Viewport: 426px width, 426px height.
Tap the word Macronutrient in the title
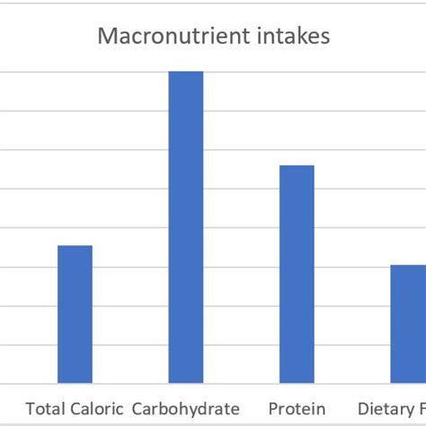(158, 37)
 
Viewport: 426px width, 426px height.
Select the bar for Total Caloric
(75, 315)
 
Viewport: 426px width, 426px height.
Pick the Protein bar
(297, 274)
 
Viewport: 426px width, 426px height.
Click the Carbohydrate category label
(186, 409)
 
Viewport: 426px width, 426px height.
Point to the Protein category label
(297, 409)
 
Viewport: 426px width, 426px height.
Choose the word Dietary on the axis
(385, 409)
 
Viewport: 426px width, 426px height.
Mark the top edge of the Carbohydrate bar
(186, 72)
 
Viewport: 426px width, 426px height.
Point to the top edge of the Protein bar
(297, 166)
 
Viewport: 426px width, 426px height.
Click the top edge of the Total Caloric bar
(75, 246)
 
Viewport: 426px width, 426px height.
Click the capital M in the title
(104, 37)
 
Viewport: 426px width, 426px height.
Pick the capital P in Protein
(273, 409)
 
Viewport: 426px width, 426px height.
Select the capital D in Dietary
(363, 409)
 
